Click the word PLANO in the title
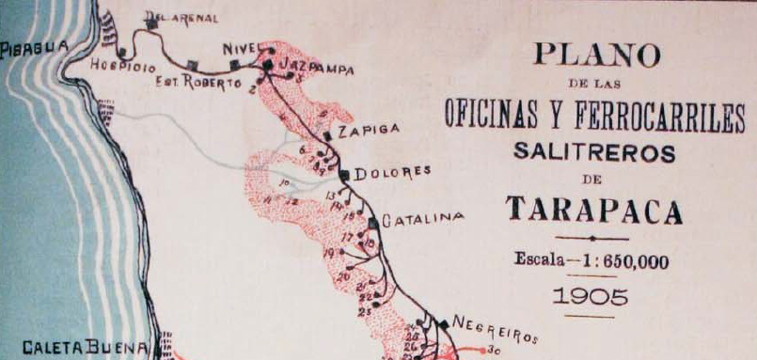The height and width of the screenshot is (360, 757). [596, 55]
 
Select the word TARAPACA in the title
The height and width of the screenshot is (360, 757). [594, 211]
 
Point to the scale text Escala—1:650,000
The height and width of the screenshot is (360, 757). [592, 262]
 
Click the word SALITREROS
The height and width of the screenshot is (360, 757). [594, 151]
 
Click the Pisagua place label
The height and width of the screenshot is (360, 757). [35, 46]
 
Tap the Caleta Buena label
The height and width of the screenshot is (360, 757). [86, 349]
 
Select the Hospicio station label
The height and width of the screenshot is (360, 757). [121, 66]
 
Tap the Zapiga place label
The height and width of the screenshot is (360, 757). [369, 129]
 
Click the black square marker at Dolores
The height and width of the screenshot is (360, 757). [344, 174]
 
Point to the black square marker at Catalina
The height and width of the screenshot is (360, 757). [373, 223]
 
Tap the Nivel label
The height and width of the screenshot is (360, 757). [241, 49]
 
